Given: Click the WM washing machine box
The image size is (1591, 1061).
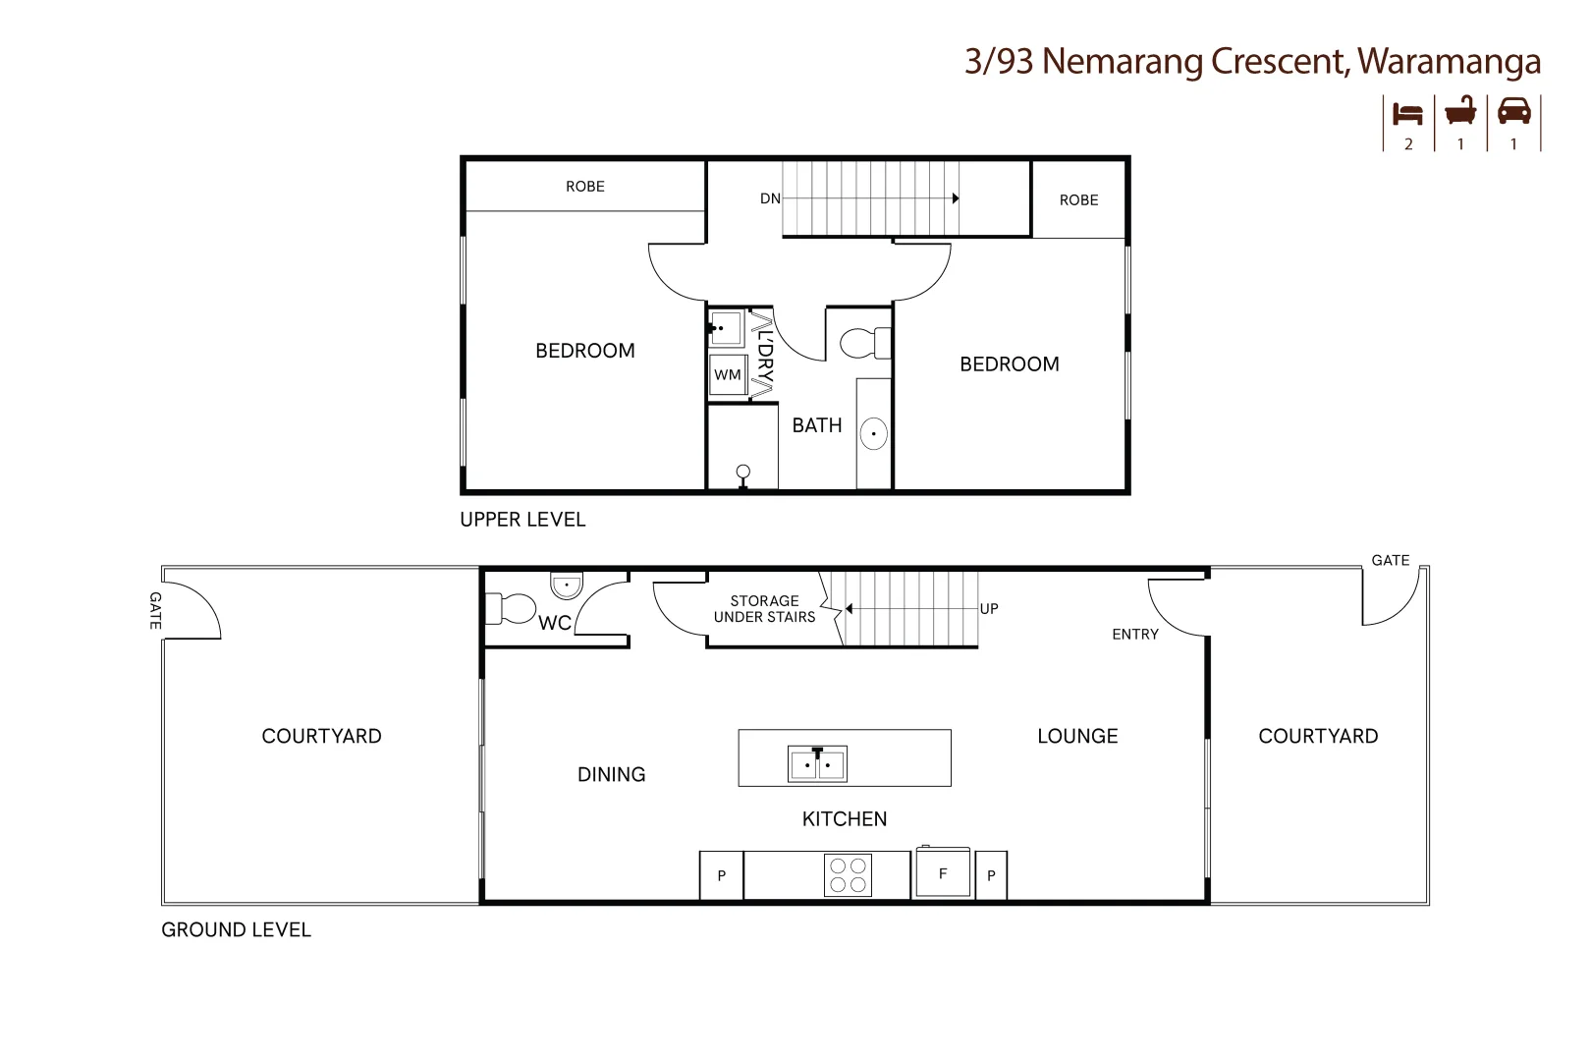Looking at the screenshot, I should [728, 375].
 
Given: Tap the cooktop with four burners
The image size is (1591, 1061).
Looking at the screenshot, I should [848, 874].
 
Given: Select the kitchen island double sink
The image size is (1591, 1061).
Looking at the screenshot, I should [817, 763].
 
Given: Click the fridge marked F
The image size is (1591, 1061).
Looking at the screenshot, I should [943, 873].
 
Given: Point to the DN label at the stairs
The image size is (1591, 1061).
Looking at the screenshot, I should [770, 198].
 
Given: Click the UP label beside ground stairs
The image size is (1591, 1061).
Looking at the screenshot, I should [989, 609].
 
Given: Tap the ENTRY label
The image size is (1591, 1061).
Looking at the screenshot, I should [1135, 635].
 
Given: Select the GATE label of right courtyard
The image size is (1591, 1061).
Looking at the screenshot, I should [1390, 560].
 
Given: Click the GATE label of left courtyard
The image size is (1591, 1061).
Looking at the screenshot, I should [155, 610].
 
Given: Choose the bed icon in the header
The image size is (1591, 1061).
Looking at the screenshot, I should [1408, 114].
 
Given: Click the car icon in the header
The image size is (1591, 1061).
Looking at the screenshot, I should [1513, 111].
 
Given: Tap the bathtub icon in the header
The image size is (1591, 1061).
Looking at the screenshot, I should [1460, 111].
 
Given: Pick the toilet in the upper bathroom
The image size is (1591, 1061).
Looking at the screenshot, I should [861, 343].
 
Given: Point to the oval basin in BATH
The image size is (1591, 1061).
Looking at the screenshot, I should [873, 433].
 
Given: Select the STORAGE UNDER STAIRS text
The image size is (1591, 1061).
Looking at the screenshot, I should [764, 609].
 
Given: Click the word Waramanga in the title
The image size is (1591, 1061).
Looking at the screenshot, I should [1449, 61].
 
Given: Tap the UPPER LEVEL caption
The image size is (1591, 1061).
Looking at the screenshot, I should [522, 520].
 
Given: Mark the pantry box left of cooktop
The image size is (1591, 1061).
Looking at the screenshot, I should [721, 875].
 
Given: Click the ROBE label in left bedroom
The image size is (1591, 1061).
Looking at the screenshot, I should [584, 187].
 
